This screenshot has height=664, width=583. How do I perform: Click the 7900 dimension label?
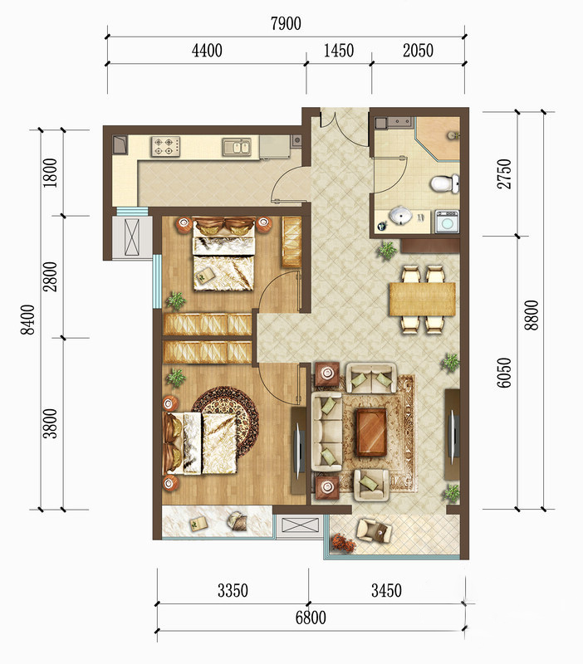[x=286, y=24]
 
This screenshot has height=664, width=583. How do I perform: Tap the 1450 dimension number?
[x=339, y=51]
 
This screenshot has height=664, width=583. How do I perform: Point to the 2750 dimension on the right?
[x=504, y=173]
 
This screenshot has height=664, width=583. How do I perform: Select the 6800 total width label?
[x=311, y=618]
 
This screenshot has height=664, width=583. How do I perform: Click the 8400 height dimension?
[x=28, y=320]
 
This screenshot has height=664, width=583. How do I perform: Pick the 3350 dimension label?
[x=233, y=590]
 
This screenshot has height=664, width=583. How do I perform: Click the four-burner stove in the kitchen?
[x=165, y=146]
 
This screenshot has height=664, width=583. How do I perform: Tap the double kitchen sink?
[x=237, y=147]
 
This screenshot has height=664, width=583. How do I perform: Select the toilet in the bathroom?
[x=444, y=183]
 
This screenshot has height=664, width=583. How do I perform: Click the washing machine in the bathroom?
[x=447, y=222]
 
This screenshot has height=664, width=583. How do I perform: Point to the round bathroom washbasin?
[x=400, y=215]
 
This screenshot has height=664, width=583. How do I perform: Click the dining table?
[x=422, y=299]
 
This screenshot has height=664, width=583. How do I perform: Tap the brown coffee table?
[x=371, y=432]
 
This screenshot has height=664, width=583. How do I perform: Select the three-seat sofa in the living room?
[x=326, y=431]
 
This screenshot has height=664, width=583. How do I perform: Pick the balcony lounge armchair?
[x=373, y=530]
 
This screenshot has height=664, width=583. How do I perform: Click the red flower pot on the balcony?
[x=344, y=543]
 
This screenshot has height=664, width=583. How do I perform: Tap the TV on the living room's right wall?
[x=453, y=435]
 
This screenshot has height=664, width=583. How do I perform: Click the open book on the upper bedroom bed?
[x=203, y=276]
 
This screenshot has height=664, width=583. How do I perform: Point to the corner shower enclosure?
[x=438, y=139]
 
